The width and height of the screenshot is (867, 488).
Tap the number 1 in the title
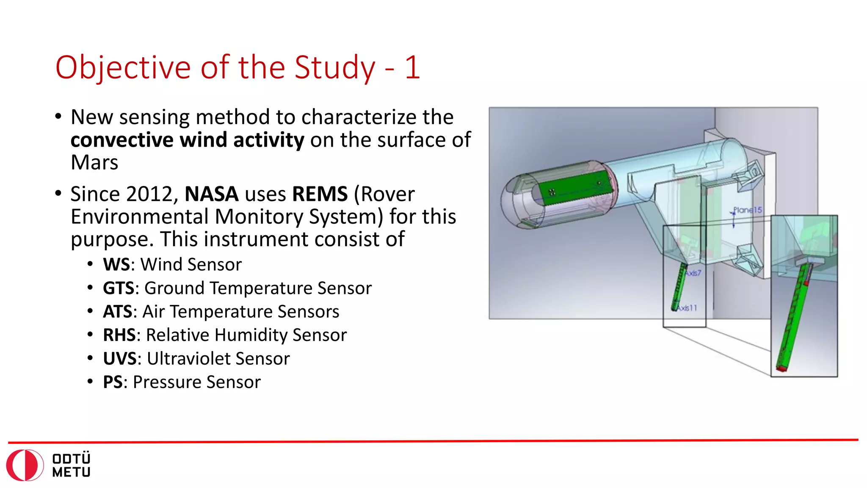(412, 68)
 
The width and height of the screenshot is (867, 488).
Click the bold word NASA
(212, 194)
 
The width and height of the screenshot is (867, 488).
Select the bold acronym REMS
(320, 194)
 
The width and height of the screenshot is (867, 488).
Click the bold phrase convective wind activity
(187, 140)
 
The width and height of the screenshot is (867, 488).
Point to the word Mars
(94, 163)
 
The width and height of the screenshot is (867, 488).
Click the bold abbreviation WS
(116, 265)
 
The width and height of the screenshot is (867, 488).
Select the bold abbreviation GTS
(119, 288)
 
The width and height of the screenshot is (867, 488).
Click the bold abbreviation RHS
(119, 335)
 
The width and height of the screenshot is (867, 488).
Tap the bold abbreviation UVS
(120, 359)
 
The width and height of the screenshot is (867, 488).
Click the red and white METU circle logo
(25, 465)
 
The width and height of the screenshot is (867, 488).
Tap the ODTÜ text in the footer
(71, 459)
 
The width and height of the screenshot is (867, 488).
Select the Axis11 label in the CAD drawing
(687, 308)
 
